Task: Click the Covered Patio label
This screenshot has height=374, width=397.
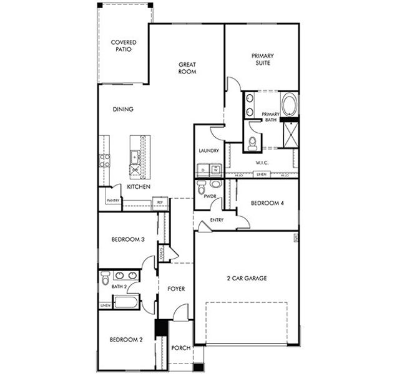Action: pyautogui.click(x=124, y=46)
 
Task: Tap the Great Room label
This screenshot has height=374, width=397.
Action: pyautogui.click(x=187, y=68)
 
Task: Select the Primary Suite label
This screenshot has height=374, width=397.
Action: pyautogui.click(x=263, y=59)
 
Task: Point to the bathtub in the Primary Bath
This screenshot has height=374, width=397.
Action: pyautogui.click(x=289, y=104)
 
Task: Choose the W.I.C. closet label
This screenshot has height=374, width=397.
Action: pyautogui.click(x=262, y=163)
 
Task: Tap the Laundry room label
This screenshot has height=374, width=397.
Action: pyautogui.click(x=208, y=151)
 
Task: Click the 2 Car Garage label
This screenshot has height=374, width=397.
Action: pyautogui.click(x=246, y=278)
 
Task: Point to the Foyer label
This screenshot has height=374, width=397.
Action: pyautogui.click(x=176, y=289)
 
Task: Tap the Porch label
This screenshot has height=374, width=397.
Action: pyautogui.click(x=180, y=348)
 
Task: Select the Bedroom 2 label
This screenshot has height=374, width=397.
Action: pyautogui.click(x=127, y=340)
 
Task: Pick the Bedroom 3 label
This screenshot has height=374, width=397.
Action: pyautogui.click(x=128, y=240)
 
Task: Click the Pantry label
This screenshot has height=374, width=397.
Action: pyautogui.click(x=113, y=200)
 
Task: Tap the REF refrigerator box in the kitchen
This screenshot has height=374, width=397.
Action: pyautogui.click(x=160, y=202)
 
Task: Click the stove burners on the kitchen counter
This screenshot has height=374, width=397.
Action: pyautogui.click(x=104, y=160)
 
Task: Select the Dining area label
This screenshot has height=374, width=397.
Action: pyautogui.click(x=123, y=109)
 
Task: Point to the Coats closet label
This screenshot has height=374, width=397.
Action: pyautogui.click(x=162, y=253)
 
